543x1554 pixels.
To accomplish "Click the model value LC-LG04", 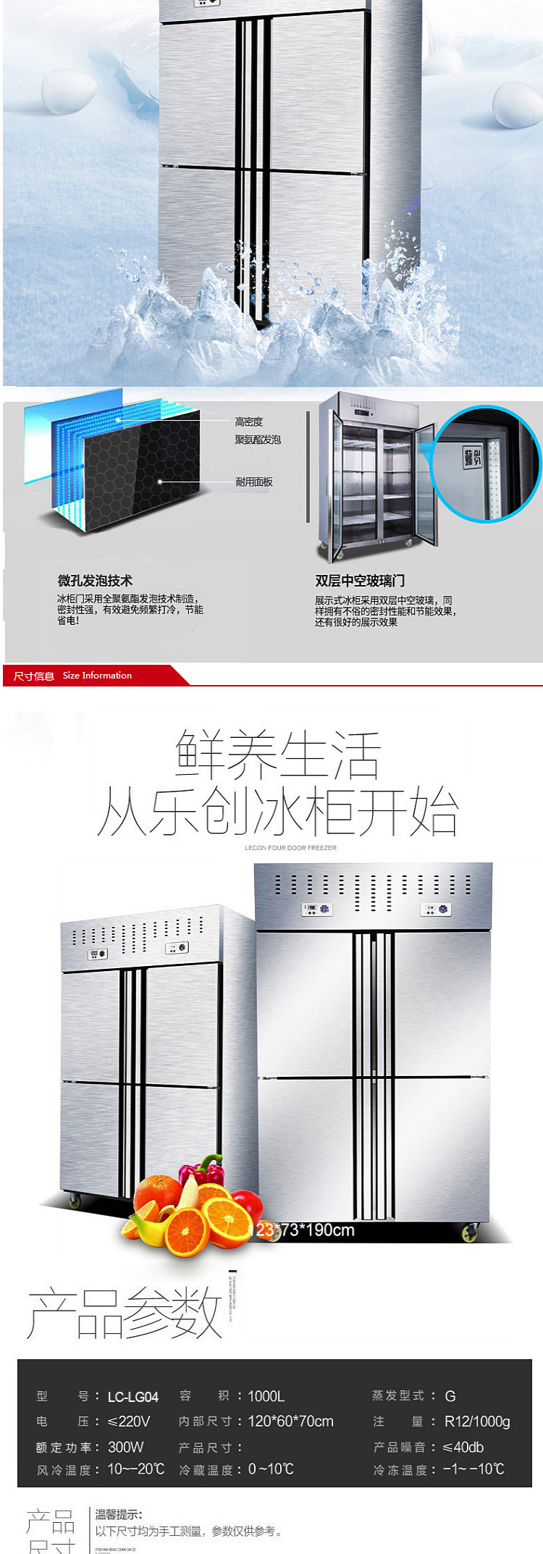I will tap(132, 1397).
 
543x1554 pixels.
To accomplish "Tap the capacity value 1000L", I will tap(266, 1396).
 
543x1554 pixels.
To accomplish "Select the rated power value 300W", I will tap(125, 1447).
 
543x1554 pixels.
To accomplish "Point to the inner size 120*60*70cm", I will tap(290, 1421).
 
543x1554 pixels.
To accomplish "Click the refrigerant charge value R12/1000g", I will tap(477, 1421).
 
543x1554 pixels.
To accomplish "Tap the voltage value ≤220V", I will tap(128, 1421).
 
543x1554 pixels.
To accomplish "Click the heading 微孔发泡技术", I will tap(95, 581).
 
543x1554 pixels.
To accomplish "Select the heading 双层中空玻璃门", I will tap(360, 581).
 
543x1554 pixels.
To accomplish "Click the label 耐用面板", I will tap(253, 482).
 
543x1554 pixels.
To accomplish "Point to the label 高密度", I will tap(248, 421).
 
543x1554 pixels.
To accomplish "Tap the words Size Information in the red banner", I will tap(97, 676).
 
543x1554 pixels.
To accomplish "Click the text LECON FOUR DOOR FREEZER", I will tap(290, 848).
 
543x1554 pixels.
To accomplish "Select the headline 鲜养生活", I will tap(277, 755).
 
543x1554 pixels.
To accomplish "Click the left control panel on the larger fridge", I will tap(317, 909).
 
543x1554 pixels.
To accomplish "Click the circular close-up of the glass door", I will tap(485, 464).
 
